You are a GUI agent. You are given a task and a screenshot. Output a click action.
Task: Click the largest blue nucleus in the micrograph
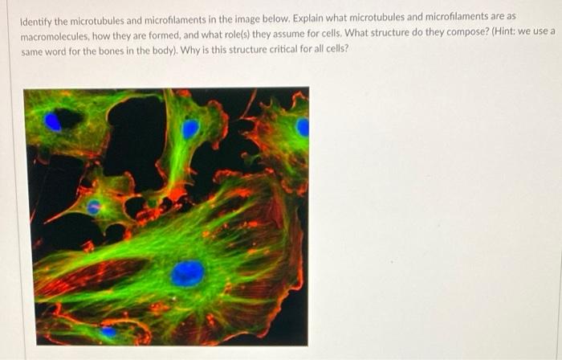(x=187, y=273)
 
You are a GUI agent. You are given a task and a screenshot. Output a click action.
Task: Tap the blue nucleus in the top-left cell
(x=53, y=122)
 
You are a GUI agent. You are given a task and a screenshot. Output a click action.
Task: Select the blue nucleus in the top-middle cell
(x=190, y=129)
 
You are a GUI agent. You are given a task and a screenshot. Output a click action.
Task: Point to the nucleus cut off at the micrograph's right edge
(x=303, y=127)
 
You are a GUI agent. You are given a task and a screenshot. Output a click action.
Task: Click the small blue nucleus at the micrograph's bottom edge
(x=108, y=331)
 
